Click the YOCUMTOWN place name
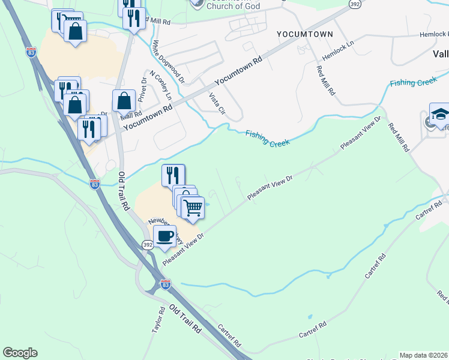[x=304, y=34]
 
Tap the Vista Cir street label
[x=217, y=102]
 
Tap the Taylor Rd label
[x=158, y=322]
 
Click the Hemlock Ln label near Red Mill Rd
[x=339, y=50]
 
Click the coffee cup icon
[x=165, y=236]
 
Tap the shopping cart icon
[x=193, y=208]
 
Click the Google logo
[x=20, y=353]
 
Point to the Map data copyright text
[x=424, y=355]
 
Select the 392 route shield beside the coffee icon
[x=148, y=245]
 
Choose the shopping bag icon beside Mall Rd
[x=124, y=100]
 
